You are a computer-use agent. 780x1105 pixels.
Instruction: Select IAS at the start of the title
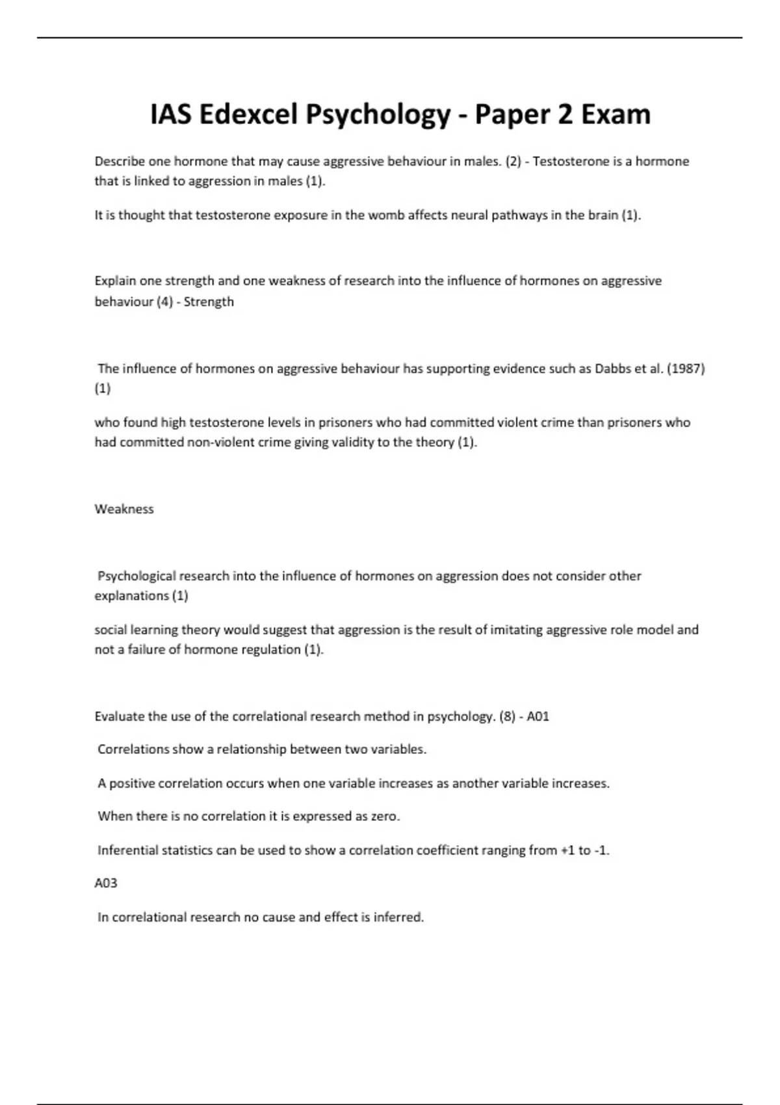coord(171,115)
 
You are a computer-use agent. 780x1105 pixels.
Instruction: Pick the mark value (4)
coord(164,302)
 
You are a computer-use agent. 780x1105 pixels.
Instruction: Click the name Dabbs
coord(613,369)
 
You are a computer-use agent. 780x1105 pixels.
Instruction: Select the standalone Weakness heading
coord(124,509)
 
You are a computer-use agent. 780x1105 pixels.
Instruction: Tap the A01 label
coord(538,716)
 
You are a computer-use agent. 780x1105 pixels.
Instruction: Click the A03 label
coord(106,883)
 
